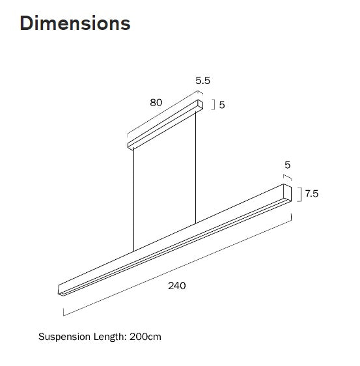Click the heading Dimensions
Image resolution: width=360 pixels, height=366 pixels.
pos(75,23)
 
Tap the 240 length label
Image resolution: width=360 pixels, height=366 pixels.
pos(176,286)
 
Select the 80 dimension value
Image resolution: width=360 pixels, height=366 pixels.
pos(156,102)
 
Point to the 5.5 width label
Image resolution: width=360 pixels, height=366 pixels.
pos(203,81)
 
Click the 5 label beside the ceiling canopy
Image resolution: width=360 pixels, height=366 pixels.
pos(222,104)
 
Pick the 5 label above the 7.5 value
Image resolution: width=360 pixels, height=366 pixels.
pos(287,165)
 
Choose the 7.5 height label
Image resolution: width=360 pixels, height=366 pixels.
pos(311,193)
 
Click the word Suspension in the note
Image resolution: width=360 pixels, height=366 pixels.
pos(63,337)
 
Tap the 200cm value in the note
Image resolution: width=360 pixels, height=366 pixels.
pos(145,337)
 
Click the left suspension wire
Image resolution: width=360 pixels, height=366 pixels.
pos(133,199)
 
